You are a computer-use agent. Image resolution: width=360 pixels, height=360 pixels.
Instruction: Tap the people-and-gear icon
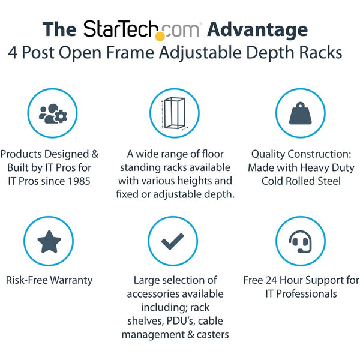(x=53, y=113)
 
